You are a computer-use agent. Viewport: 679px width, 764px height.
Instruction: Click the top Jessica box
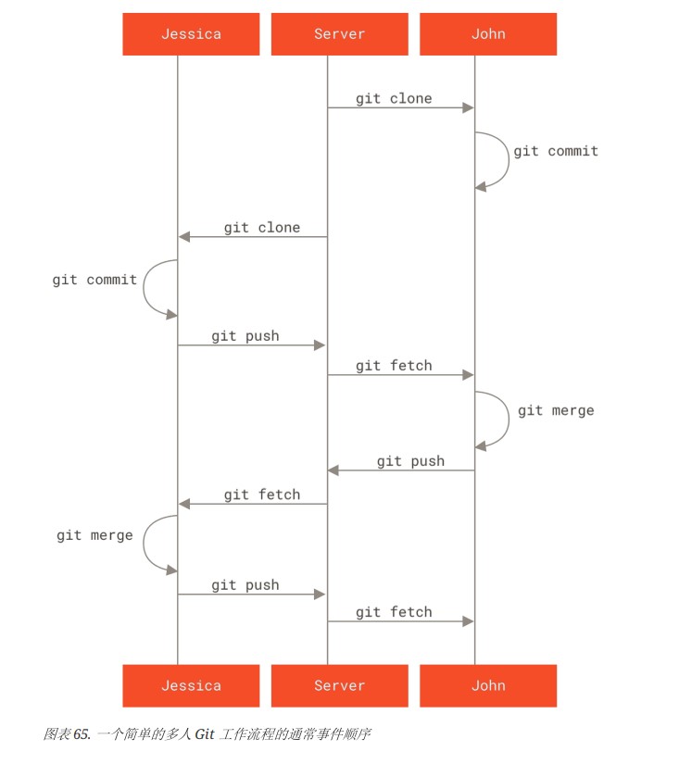pyautogui.click(x=191, y=34)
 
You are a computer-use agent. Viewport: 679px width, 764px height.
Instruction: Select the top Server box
pyautogui.click(x=339, y=34)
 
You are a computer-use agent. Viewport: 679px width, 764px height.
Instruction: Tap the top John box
pyautogui.click(x=488, y=34)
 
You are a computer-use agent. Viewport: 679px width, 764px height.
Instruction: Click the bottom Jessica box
pyautogui.click(x=191, y=685)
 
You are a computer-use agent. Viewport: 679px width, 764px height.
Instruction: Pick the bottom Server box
pyautogui.click(x=339, y=685)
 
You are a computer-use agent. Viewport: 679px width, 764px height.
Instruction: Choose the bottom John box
pyautogui.click(x=488, y=685)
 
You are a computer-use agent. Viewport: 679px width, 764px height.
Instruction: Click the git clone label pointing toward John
pyautogui.click(x=394, y=98)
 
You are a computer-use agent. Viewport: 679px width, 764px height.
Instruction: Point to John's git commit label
pyautogui.click(x=556, y=151)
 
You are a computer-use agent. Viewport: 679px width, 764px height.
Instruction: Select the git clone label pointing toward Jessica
pyautogui.click(x=261, y=227)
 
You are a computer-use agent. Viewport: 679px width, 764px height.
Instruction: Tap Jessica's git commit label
pyautogui.click(x=94, y=280)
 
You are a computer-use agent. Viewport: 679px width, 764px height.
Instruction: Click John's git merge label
pyautogui.click(x=556, y=410)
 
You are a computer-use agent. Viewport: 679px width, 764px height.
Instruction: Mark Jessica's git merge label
pyautogui.click(x=94, y=535)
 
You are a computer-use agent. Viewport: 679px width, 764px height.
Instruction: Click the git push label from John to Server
pyautogui.click(x=410, y=461)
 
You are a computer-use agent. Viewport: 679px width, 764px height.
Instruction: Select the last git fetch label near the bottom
pyautogui.click(x=394, y=612)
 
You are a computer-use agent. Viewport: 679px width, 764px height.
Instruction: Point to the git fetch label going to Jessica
pyautogui.click(x=261, y=495)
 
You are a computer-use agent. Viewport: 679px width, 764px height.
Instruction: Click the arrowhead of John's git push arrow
pyautogui.click(x=333, y=470)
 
